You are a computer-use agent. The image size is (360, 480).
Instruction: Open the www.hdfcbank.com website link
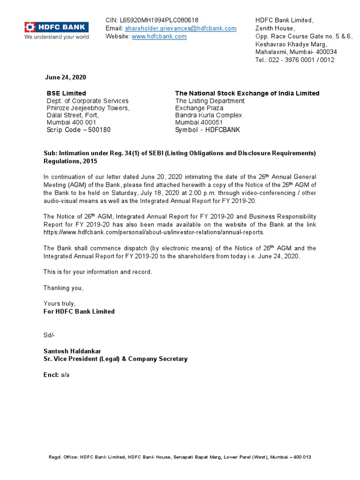[159, 36]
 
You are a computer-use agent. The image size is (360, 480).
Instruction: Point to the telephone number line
[295, 60]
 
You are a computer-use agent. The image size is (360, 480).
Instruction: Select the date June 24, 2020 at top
[65, 77]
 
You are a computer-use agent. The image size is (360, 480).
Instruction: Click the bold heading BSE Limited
[66, 93]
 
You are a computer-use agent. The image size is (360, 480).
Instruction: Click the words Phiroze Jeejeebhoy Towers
[88, 108]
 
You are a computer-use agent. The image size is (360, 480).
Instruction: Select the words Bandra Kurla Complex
[209, 115]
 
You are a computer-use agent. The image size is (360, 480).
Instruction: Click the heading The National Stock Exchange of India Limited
[247, 93]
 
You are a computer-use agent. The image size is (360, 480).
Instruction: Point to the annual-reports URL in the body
[154, 232]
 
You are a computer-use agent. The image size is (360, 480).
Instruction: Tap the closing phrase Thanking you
[63, 288]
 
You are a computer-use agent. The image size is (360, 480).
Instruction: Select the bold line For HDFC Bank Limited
[79, 311]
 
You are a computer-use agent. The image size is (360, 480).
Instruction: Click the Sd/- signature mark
[49, 335]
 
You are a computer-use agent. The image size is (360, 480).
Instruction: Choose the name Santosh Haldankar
[72, 351]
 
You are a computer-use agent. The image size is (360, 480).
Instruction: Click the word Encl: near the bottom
[51, 375]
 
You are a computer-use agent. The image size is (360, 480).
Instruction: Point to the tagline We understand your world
[57, 37]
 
